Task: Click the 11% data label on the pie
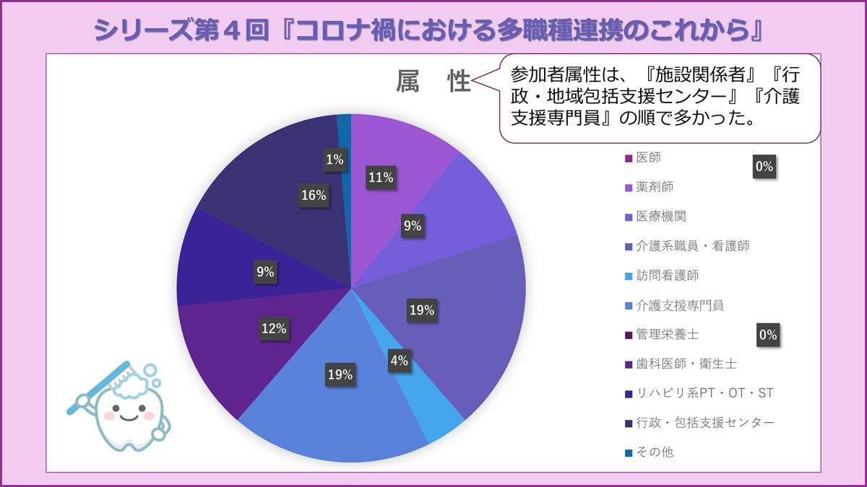coord(380,177)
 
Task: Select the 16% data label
coord(314,195)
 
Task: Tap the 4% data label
coord(400,361)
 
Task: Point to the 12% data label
coord(274,328)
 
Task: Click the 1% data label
coord(335,160)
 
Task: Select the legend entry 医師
coord(648,157)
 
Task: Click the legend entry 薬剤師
coord(655,187)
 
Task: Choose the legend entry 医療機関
coord(660,216)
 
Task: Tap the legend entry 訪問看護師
coord(667,276)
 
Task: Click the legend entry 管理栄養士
coord(667,334)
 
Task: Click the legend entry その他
coord(655,452)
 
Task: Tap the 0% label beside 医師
coord(764,167)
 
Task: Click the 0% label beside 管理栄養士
coord(767,335)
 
